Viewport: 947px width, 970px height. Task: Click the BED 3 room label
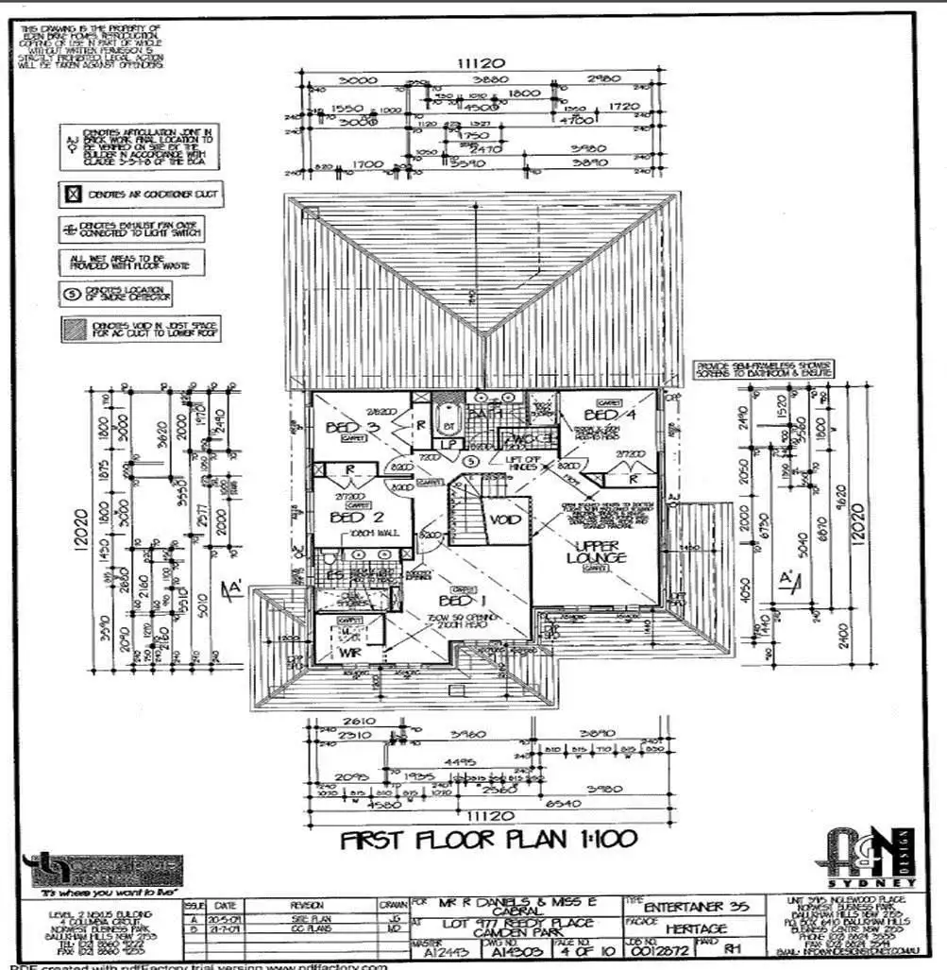point(339,428)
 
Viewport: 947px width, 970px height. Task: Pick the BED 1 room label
point(462,601)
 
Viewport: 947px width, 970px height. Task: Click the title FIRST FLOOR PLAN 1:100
point(488,840)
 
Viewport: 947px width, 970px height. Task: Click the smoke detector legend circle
point(71,293)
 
